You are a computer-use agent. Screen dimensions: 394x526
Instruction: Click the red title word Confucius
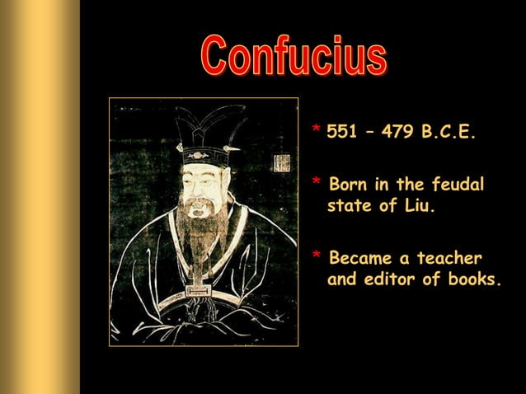point(294,57)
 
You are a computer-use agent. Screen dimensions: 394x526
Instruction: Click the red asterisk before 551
point(316,131)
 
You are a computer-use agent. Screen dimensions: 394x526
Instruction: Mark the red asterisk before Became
point(316,256)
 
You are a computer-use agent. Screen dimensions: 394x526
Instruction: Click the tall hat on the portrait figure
point(201,132)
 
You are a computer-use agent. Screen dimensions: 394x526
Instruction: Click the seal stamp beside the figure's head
point(282,162)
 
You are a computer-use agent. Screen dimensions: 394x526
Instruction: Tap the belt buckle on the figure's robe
point(198,291)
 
